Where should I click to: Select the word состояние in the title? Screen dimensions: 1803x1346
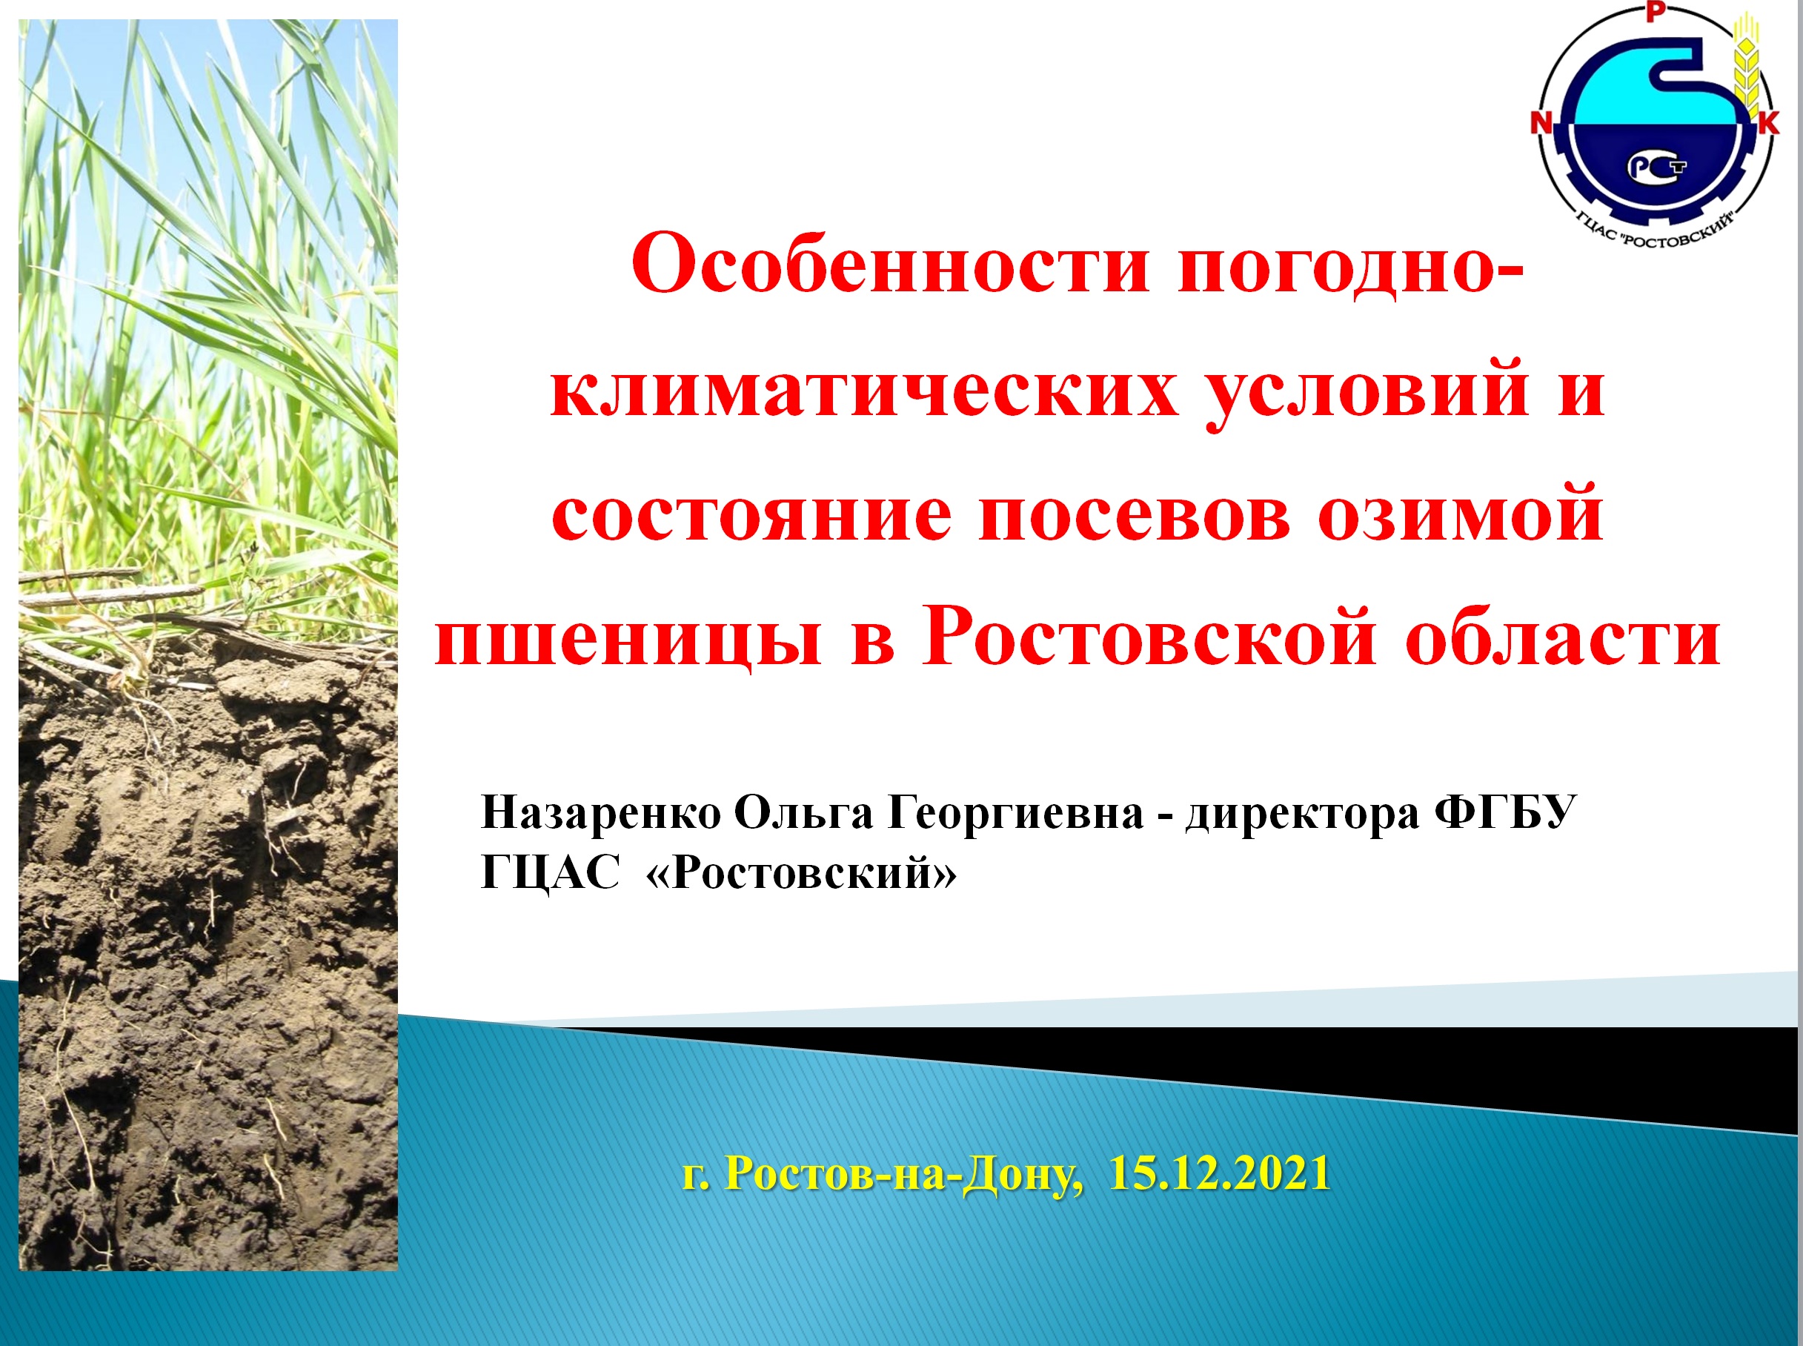[753, 516]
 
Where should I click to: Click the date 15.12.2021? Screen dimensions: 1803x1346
[1220, 1173]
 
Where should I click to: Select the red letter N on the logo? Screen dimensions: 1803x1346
[1541, 123]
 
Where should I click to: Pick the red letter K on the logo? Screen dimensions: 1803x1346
[1768, 123]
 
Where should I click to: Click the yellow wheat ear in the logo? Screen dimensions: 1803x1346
[1745, 65]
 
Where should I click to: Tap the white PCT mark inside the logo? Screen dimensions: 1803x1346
[1656, 167]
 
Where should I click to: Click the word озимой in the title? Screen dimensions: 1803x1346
[1461, 516]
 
